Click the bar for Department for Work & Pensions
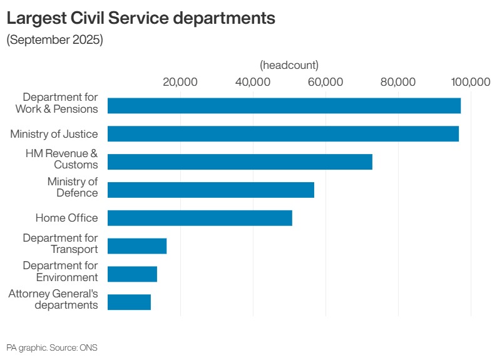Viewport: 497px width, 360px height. (x=284, y=106)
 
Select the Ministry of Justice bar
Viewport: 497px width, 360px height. (x=283, y=134)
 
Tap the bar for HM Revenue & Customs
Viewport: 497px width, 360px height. (x=240, y=162)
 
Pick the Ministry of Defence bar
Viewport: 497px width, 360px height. (x=211, y=190)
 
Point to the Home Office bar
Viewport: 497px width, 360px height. (x=200, y=218)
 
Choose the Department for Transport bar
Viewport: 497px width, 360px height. (x=137, y=246)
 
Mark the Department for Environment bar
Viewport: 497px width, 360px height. (x=132, y=274)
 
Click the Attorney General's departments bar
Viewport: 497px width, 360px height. (x=129, y=302)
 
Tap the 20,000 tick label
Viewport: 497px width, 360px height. (x=180, y=82)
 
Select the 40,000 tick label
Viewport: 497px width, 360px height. (x=253, y=82)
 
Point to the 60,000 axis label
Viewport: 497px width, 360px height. (x=325, y=82)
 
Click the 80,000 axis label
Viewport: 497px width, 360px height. (x=398, y=82)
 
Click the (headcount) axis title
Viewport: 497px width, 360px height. (x=289, y=65)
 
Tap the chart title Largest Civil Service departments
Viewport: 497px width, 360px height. (x=141, y=18)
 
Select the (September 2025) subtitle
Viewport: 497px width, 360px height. (x=54, y=40)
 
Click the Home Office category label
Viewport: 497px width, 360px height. (x=66, y=218)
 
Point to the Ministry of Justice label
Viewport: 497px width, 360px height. (x=54, y=134)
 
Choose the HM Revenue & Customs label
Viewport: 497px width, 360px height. (x=61, y=159)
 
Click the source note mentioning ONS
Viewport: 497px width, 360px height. (x=52, y=347)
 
